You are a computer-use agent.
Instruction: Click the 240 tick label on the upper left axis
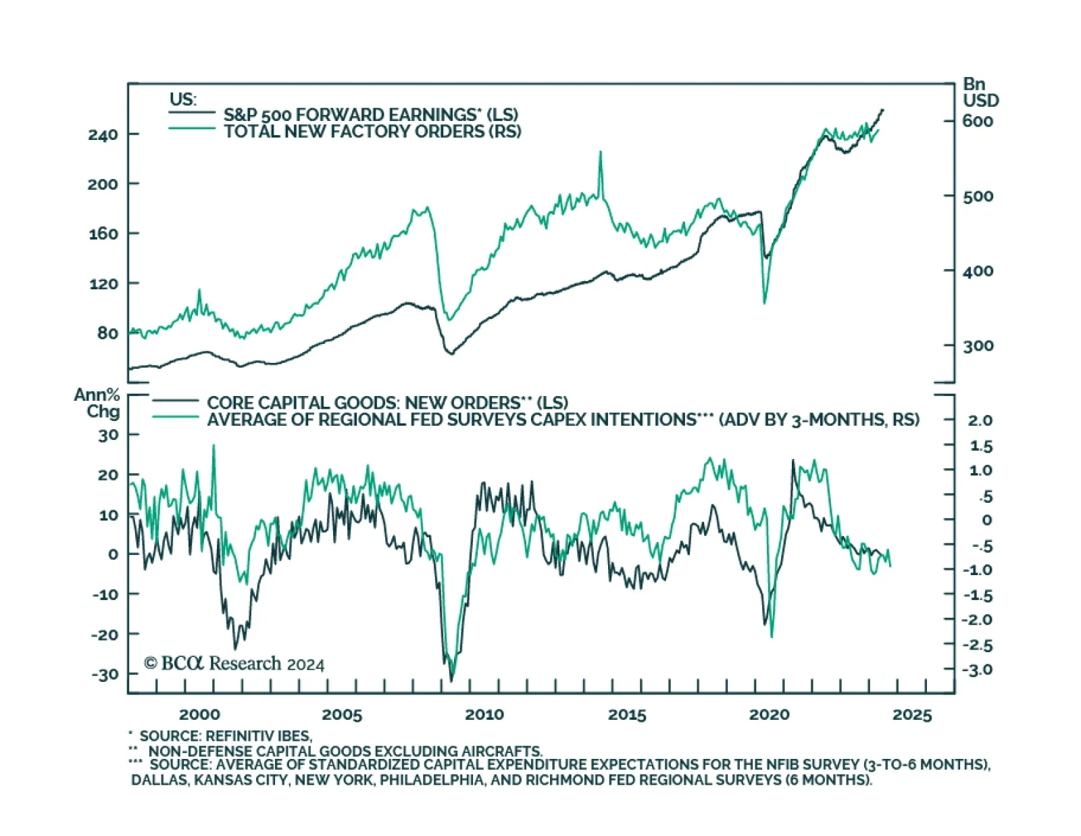pyautogui.click(x=103, y=134)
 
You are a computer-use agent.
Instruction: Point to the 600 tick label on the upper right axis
pyautogui.click(x=978, y=122)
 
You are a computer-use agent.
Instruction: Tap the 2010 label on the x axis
pyautogui.click(x=484, y=714)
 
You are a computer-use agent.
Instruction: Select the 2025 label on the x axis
pyautogui.click(x=911, y=714)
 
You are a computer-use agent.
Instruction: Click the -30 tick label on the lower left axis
pyautogui.click(x=105, y=674)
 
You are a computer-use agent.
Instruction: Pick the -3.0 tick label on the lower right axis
pyautogui.click(x=977, y=670)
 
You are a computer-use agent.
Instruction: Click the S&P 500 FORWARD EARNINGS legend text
pyautogui.click(x=371, y=115)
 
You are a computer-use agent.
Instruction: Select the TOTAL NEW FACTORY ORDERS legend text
pyautogui.click(x=372, y=131)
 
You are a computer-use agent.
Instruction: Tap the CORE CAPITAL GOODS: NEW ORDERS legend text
pyautogui.click(x=387, y=403)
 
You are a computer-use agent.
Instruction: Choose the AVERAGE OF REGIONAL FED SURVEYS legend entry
pyautogui.click(x=563, y=420)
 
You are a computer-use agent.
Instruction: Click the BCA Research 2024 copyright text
pyautogui.click(x=234, y=664)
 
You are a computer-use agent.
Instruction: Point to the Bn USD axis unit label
pyautogui.click(x=980, y=93)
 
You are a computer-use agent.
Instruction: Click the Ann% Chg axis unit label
pyautogui.click(x=97, y=403)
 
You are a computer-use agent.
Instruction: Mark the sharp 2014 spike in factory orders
pyautogui.click(x=601, y=153)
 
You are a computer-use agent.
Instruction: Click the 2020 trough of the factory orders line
pyautogui.click(x=765, y=301)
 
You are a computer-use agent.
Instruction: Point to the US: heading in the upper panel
pyautogui.click(x=182, y=99)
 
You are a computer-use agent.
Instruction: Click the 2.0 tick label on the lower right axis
pyautogui.click(x=980, y=420)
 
